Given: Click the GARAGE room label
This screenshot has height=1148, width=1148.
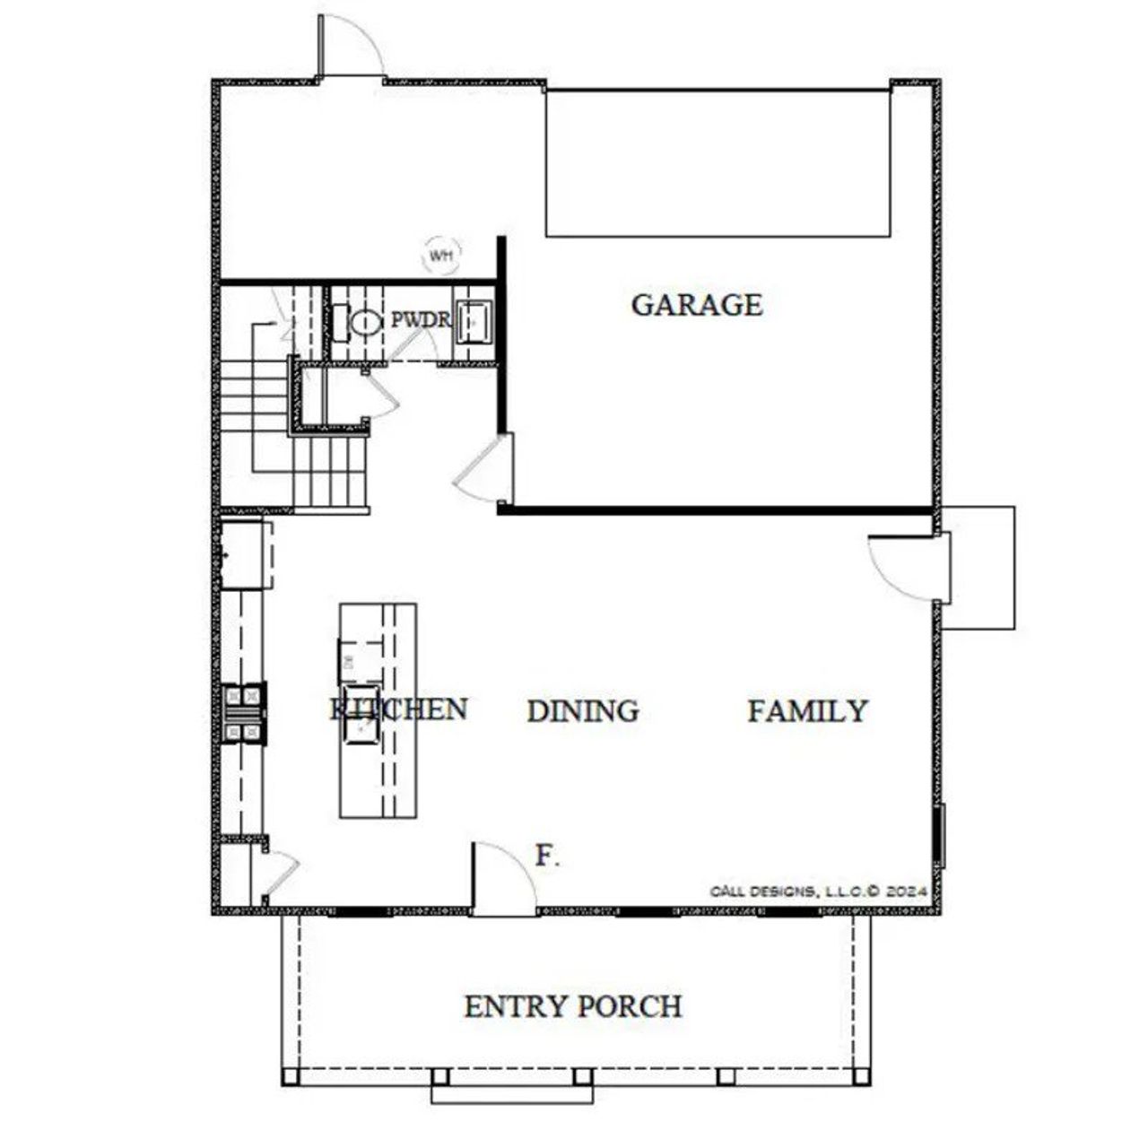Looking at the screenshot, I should pyautogui.click(x=697, y=305).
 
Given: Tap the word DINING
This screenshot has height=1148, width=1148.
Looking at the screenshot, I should pyautogui.click(x=583, y=711).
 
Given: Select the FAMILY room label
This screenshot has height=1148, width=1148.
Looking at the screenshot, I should pyautogui.click(x=807, y=711).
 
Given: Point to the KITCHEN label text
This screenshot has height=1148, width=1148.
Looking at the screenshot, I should pyautogui.click(x=399, y=709).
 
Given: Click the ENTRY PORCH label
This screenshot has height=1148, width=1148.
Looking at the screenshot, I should pyautogui.click(x=572, y=1006).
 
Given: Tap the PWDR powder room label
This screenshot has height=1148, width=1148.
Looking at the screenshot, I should pyautogui.click(x=420, y=320).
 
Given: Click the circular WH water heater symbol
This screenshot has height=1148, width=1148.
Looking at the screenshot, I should pyautogui.click(x=440, y=256).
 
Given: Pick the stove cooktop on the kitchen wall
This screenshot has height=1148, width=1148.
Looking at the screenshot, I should pyautogui.click(x=244, y=714).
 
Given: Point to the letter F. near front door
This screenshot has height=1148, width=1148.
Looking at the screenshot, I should pyautogui.click(x=547, y=856).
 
